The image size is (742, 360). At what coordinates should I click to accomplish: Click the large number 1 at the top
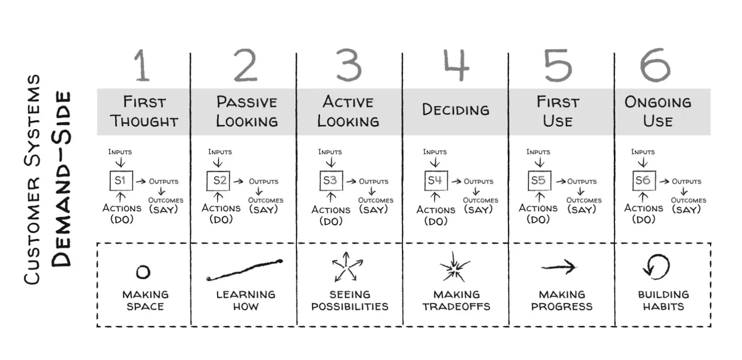coord(143,65)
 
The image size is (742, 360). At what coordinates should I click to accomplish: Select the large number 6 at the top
coord(655,65)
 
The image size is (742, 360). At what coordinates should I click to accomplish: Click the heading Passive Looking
coord(246,111)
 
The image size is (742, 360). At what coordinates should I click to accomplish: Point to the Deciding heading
coord(455,110)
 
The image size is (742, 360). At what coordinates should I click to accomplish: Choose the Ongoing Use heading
coord(658,111)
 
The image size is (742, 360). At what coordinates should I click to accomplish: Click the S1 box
coord(121,181)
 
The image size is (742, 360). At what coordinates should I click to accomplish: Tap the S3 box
coord(330,181)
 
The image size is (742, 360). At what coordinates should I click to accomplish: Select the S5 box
coord(539,181)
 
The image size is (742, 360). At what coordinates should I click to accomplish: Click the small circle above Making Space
coord(143,272)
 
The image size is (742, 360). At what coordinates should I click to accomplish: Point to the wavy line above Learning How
coord(245,270)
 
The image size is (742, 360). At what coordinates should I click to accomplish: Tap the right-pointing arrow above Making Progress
coord(559,266)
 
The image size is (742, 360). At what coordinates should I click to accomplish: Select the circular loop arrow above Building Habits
coord(657,267)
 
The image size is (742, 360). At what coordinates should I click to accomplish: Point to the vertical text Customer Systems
coord(32,179)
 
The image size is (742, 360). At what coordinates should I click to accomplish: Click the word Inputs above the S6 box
coord(643,152)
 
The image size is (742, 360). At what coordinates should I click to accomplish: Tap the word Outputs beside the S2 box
coord(263,181)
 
